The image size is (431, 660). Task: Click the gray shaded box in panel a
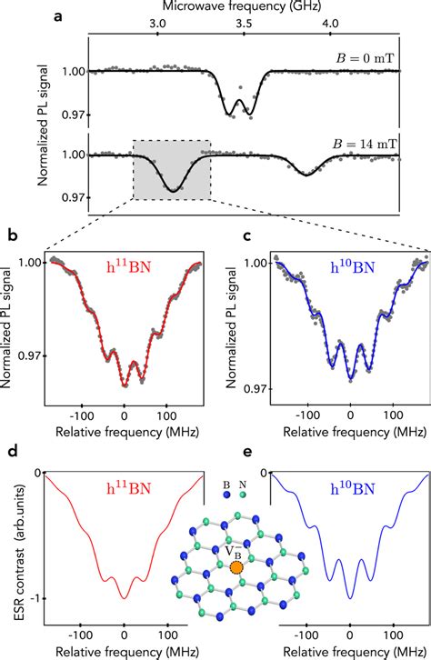[x=172, y=169]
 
